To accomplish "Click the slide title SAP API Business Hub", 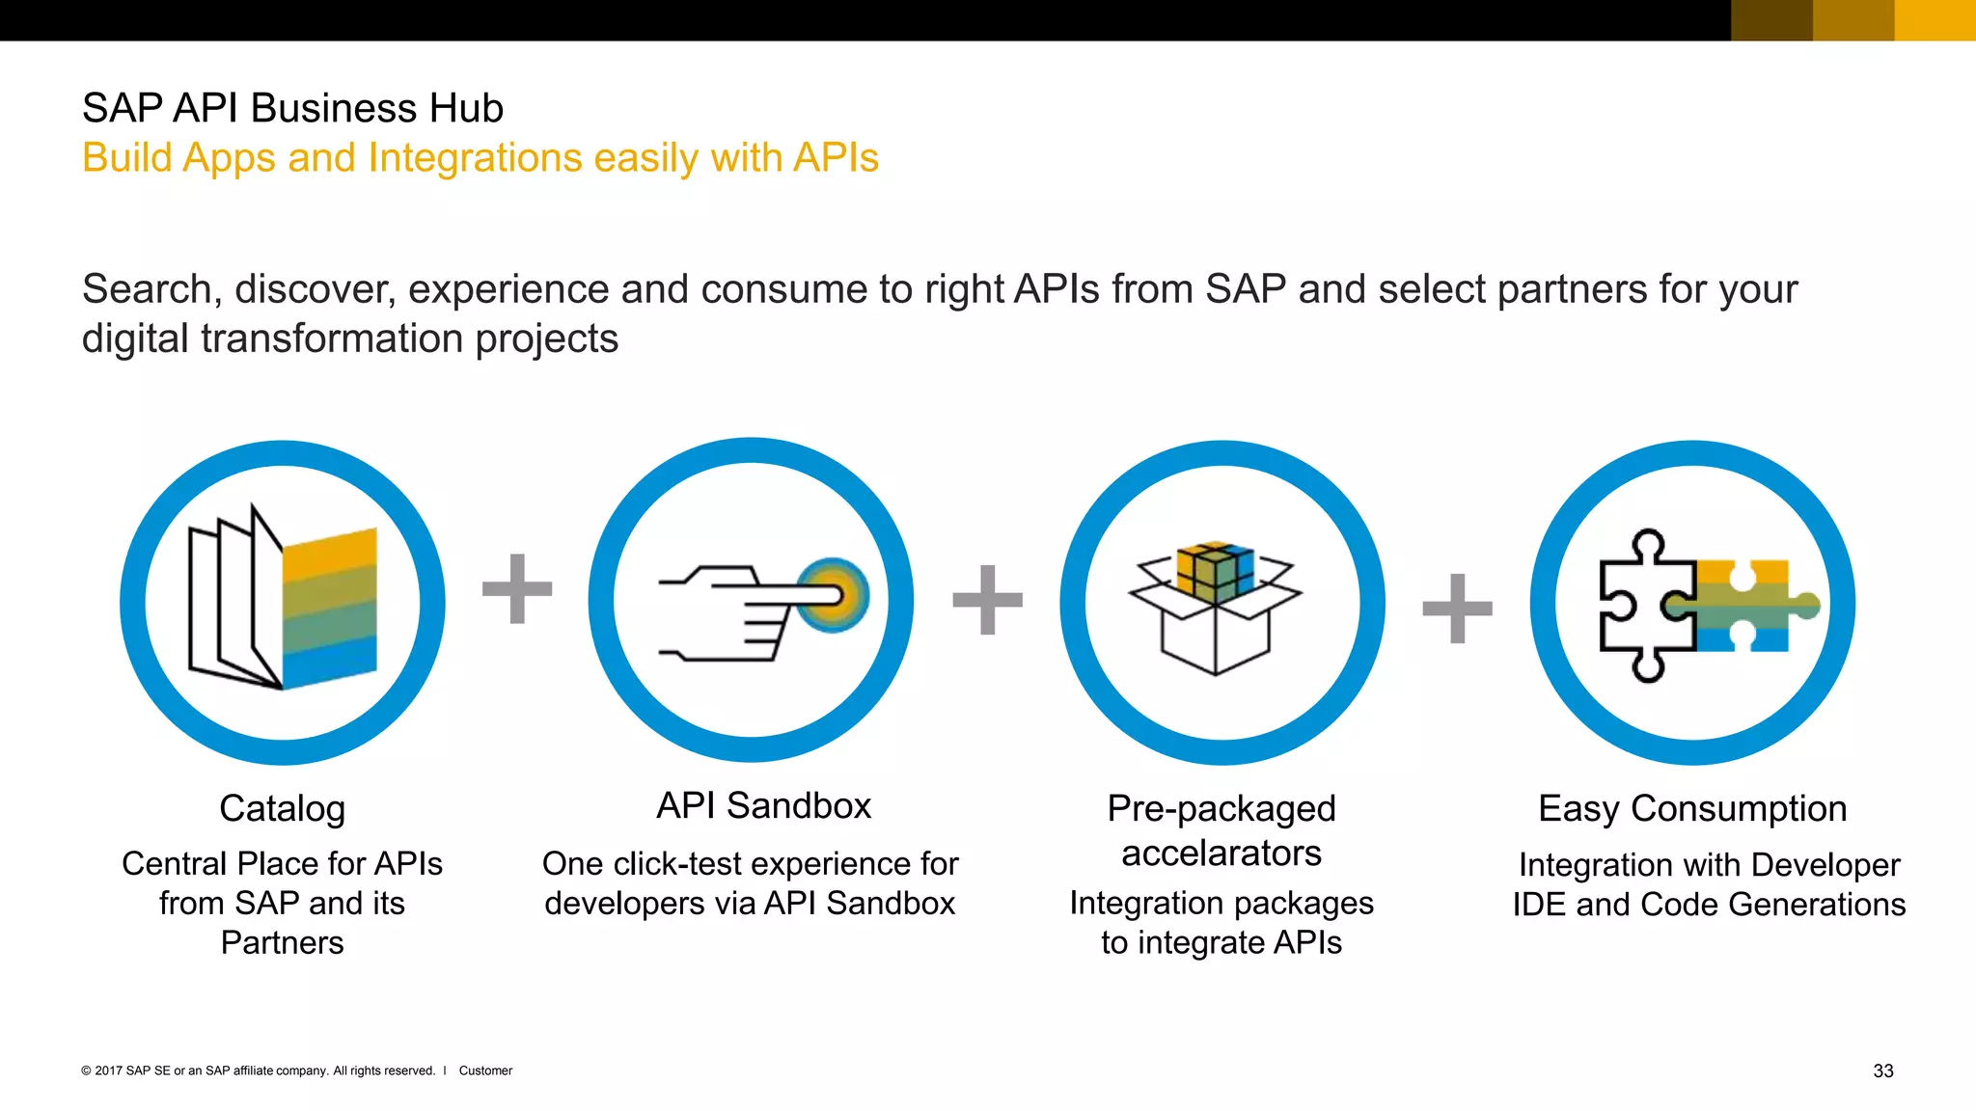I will [292, 108].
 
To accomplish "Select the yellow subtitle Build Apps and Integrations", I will [480, 158].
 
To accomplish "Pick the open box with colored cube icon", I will [1216, 608].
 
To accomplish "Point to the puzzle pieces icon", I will [1703, 605].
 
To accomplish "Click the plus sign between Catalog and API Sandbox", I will [517, 588].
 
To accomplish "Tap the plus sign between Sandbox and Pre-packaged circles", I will [987, 600].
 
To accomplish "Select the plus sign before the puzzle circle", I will [1457, 609].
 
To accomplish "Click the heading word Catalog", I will [282, 808].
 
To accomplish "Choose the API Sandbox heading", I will [763, 805].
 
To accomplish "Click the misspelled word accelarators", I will [1221, 854].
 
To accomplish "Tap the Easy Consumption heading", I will [1692, 808].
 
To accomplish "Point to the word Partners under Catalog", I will [282, 942].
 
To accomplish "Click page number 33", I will [1882, 1070].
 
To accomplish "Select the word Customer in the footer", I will [485, 1070].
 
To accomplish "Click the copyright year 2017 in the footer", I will [108, 1070].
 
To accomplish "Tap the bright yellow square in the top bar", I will [1935, 20].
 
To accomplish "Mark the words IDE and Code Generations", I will [1709, 905].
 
